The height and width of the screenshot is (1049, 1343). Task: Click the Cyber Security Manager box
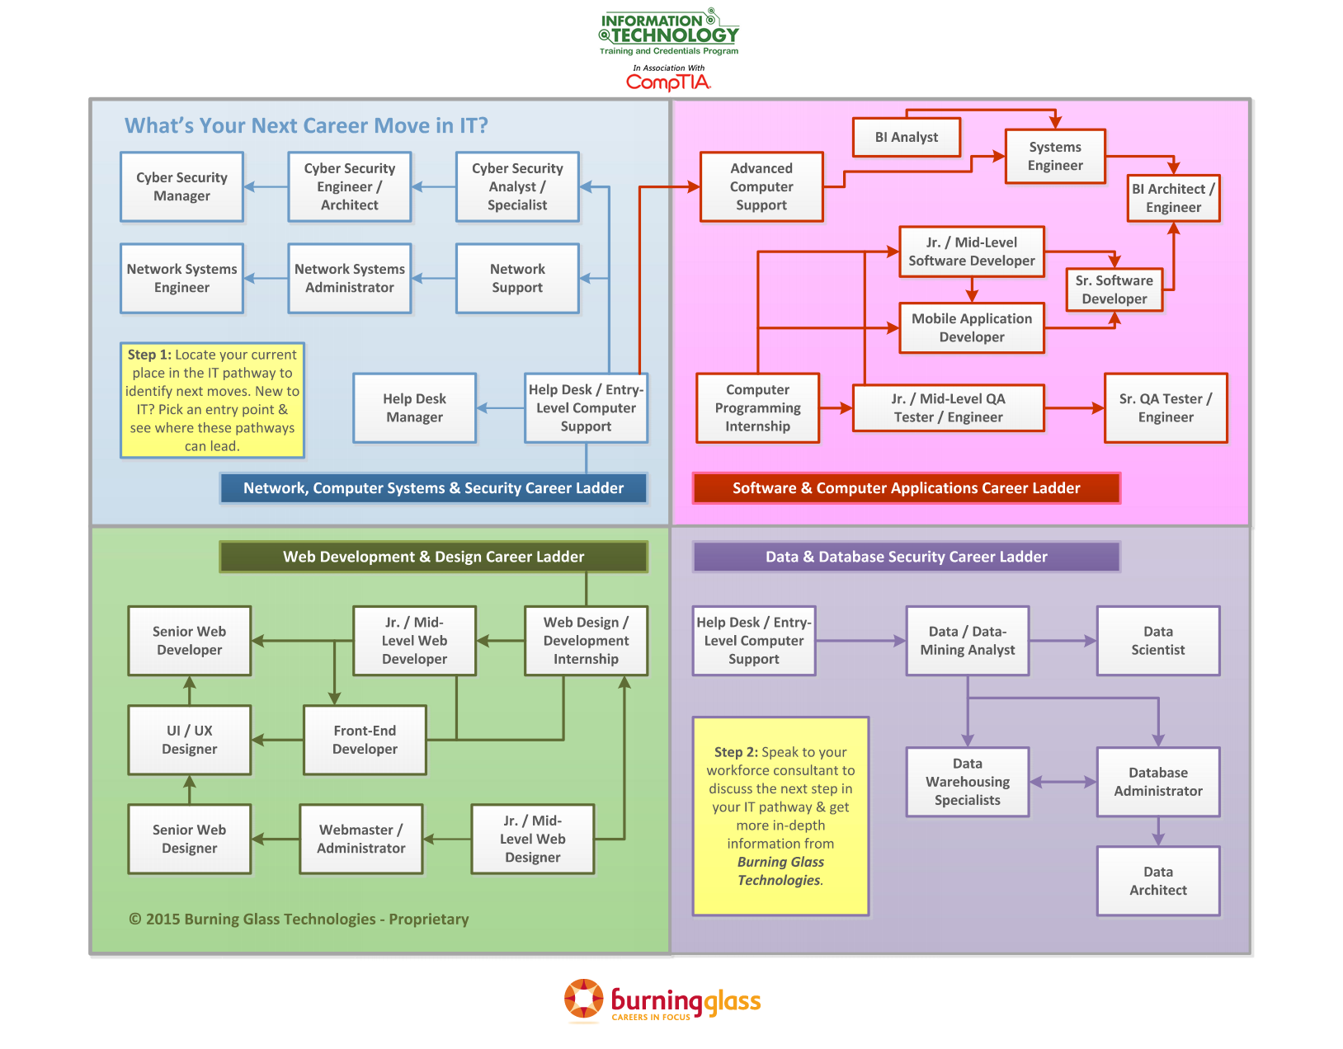(x=181, y=186)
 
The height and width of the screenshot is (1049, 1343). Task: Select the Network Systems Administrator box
(x=349, y=278)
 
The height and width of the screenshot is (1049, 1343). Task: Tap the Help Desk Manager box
(x=414, y=407)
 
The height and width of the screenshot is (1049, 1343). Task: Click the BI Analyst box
(x=906, y=137)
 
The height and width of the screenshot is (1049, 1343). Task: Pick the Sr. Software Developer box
(x=1114, y=289)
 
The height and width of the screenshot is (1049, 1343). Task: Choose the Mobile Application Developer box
(x=971, y=327)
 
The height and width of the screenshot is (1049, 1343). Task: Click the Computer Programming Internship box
(x=757, y=407)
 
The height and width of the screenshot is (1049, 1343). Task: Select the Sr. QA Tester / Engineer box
(x=1165, y=407)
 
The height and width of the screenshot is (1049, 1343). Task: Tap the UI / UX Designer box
(x=189, y=740)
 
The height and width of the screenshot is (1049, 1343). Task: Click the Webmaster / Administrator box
(x=360, y=839)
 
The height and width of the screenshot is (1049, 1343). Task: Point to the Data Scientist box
(x=1157, y=641)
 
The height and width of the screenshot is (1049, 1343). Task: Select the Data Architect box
(x=1157, y=881)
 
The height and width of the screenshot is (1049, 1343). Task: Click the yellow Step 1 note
(x=212, y=400)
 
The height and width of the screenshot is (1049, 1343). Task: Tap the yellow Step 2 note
(x=780, y=816)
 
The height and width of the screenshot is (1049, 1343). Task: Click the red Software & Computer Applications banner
(x=906, y=488)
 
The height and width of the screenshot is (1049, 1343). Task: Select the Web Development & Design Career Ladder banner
(x=433, y=557)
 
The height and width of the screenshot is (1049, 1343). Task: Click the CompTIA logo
(x=668, y=82)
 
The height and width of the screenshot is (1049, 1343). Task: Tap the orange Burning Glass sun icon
(x=583, y=1000)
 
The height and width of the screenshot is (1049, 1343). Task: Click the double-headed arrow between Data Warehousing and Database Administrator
(x=1063, y=782)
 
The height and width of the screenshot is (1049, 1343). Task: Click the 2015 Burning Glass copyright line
(x=299, y=919)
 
